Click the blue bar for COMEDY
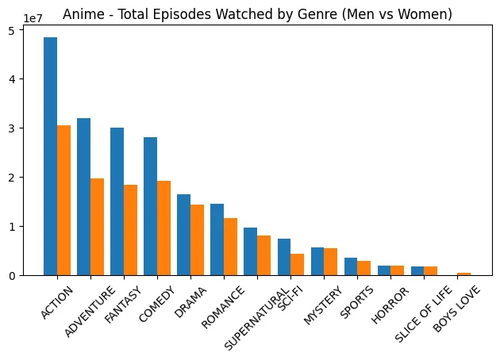150,206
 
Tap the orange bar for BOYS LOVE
464,274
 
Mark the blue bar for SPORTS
351,266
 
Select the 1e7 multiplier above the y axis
33,17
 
